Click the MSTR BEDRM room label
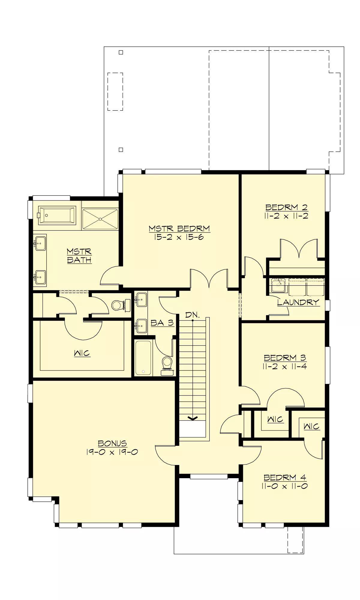click(x=179, y=229)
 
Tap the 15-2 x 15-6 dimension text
click(x=179, y=237)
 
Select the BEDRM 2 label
click(x=286, y=207)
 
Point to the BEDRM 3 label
click(x=285, y=358)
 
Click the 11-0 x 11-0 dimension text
click(x=284, y=486)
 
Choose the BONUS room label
click(x=112, y=443)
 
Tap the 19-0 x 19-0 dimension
click(x=112, y=452)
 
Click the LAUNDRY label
click(x=298, y=302)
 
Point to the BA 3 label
click(x=162, y=323)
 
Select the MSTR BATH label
click(x=79, y=256)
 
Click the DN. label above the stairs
click(x=192, y=315)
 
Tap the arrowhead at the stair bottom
click(x=192, y=418)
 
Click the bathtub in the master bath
click(x=57, y=215)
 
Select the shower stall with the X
click(x=100, y=219)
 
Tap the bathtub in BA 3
click(x=143, y=358)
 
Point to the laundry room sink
click(x=278, y=285)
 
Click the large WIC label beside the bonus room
click(x=82, y=353)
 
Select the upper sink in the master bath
click(x=40, y=243)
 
